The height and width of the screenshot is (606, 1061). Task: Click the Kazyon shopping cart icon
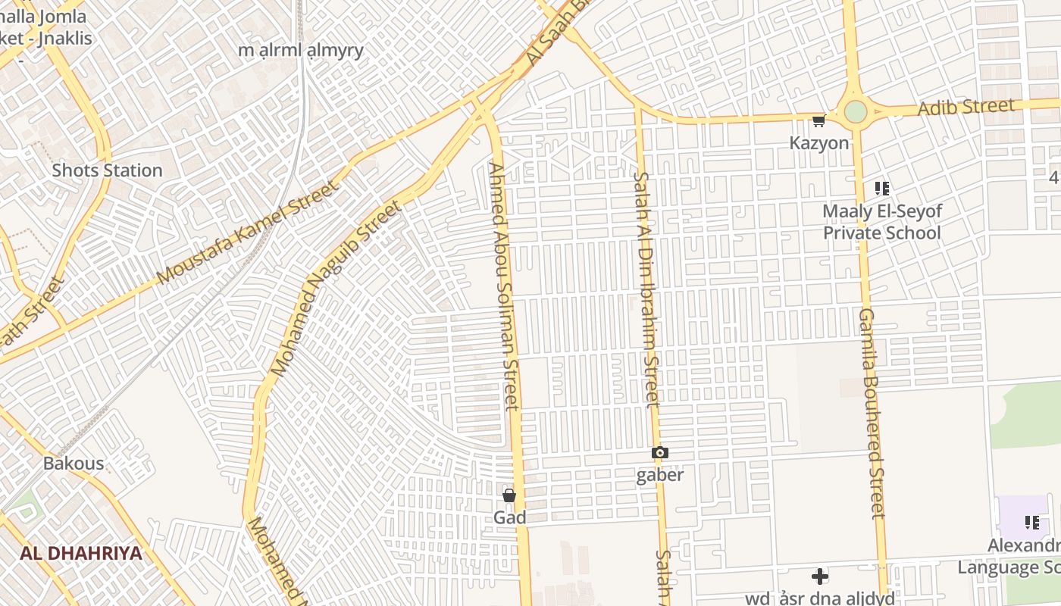(818, 121)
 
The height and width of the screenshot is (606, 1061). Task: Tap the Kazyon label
(819, 142)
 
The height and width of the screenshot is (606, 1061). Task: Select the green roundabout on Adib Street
(856, 111)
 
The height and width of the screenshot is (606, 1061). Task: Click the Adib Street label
(966, 108)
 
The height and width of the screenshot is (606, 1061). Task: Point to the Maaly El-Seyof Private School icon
(881, 189)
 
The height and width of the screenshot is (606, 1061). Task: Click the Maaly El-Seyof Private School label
(882, 222)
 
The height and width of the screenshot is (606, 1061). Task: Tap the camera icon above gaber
(660, 453)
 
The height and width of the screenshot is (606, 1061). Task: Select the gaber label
(660, 475)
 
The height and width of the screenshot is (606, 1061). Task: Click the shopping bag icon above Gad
(509, 496)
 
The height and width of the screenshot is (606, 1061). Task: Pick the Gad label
(509, 517)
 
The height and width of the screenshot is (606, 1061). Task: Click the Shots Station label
(107, 170)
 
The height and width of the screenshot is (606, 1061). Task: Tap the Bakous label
(74, 463)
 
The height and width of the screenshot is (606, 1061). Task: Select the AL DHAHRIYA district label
(81, 553)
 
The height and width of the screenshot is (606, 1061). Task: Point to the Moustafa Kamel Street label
(247, 233)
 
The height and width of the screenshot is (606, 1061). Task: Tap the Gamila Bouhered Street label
(872, 413)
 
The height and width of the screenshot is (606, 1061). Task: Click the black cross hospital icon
(819, 576)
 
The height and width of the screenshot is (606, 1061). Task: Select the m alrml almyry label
(301, 51)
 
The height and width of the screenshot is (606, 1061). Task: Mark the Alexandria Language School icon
(1031, 523)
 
